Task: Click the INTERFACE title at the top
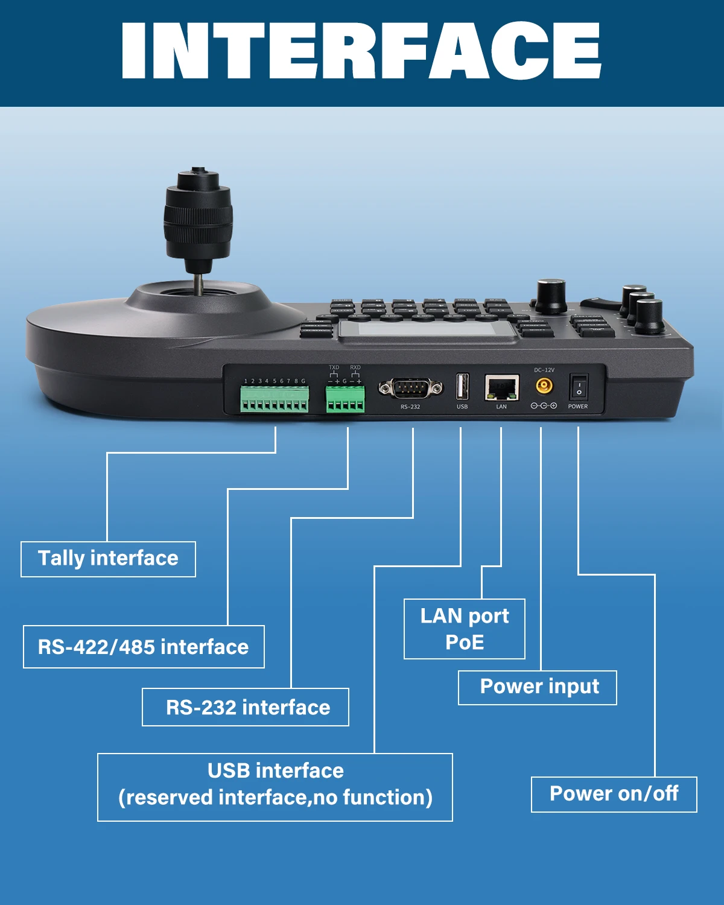tap(361, 51)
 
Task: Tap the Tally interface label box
tap(108, 559)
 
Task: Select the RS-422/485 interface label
tap(144, 647)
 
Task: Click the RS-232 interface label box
tap(246, 707)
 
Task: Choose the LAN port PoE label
tap(464, 629)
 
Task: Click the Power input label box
tap(537, 687)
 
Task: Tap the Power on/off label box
tap(614, 794)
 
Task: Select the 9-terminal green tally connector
tap(275, 399)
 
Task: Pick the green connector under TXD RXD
tap(345, 399)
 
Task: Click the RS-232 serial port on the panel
tap(410, 388)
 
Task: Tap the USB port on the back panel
tap(462, 387)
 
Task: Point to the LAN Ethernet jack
tap(502, 387)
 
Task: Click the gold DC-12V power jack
tap(544, 386)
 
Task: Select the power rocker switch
tap(579, 386)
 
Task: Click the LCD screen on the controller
tap(427, 329)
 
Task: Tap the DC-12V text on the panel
tap(544, 370)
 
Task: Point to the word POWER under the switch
tap(577, 407)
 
